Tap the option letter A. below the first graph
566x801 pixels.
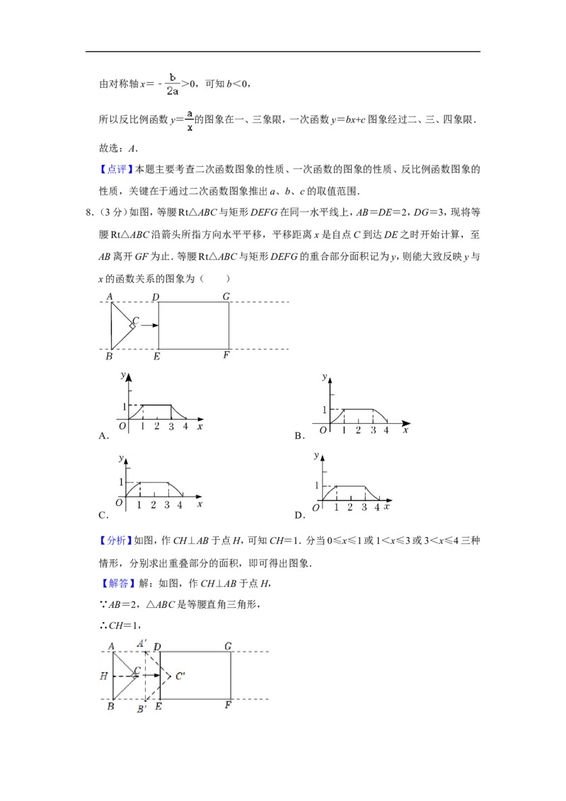(x=104, y=436)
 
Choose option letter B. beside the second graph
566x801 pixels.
(x=300, y=436)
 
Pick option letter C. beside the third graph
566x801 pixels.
(x=104, y=515)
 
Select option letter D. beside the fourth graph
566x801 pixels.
(x=300, y=515)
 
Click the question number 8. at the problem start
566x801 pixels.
(x=90, y=212)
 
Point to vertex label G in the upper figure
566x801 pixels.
(x=226, y=296)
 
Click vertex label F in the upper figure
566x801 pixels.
(x=226, y=355)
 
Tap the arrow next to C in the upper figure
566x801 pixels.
(x=149, y=325)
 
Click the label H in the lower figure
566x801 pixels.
(x=104, y=676)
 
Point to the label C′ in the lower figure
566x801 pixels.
(x=180, y=676)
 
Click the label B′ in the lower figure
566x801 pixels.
(x=141, y=709)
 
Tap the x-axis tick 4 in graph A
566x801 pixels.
(x=185, y=426)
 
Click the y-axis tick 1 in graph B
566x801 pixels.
(x=324, y=410)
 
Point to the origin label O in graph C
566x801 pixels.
(x=119, y=502)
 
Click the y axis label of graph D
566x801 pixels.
(x=317, y=456)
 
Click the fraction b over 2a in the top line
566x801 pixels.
(x=173, y=83)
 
